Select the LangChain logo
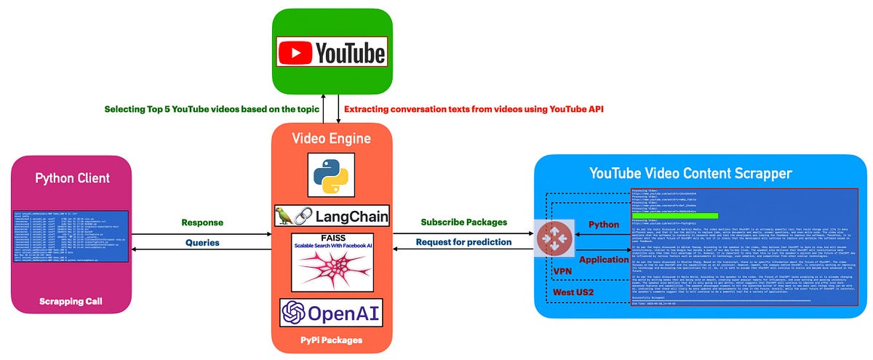[331, 215]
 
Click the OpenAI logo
[331, 313]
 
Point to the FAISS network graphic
[331, 271]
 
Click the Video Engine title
[331, 138]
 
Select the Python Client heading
[72, 178]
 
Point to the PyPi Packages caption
[331, 339]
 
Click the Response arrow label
[202, 223]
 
